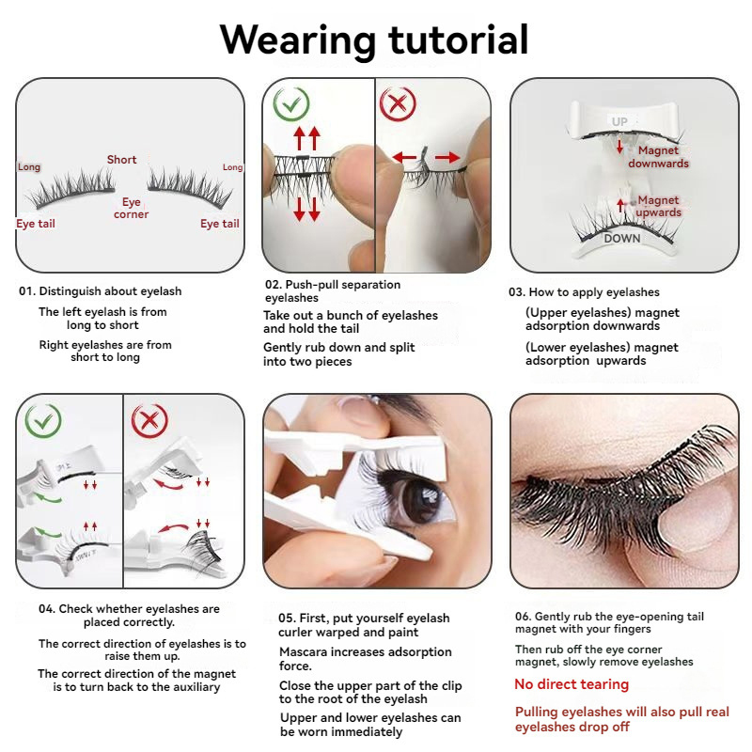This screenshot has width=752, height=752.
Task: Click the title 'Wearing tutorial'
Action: point(374,39)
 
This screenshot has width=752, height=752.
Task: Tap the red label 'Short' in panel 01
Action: point(122,160)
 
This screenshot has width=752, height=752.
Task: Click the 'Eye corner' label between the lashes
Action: point(131,208)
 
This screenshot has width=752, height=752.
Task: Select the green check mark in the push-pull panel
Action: point(291,103)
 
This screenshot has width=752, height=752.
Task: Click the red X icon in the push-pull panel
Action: point(398,103)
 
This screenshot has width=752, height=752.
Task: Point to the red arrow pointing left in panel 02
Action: point(404,157)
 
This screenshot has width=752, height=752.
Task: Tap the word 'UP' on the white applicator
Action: point(619,122)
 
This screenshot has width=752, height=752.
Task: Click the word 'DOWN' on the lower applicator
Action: point(622,239)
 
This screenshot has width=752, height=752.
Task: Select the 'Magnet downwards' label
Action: point(658,157)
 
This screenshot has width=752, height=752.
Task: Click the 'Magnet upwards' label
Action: point(659,206)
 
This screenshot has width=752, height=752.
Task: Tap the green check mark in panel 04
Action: point(43,421)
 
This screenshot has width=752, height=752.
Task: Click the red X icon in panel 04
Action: point(149,421)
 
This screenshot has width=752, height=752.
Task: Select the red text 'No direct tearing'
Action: point(572,684)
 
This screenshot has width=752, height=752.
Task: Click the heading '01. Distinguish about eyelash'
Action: point(101,291)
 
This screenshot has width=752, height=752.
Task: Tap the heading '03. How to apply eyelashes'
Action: point(584,292)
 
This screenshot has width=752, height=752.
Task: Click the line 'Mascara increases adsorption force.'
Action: point(366,659)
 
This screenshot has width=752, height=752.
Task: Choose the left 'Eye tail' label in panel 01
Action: point(36,224)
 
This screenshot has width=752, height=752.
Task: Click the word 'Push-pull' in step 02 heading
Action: point(312,285)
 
